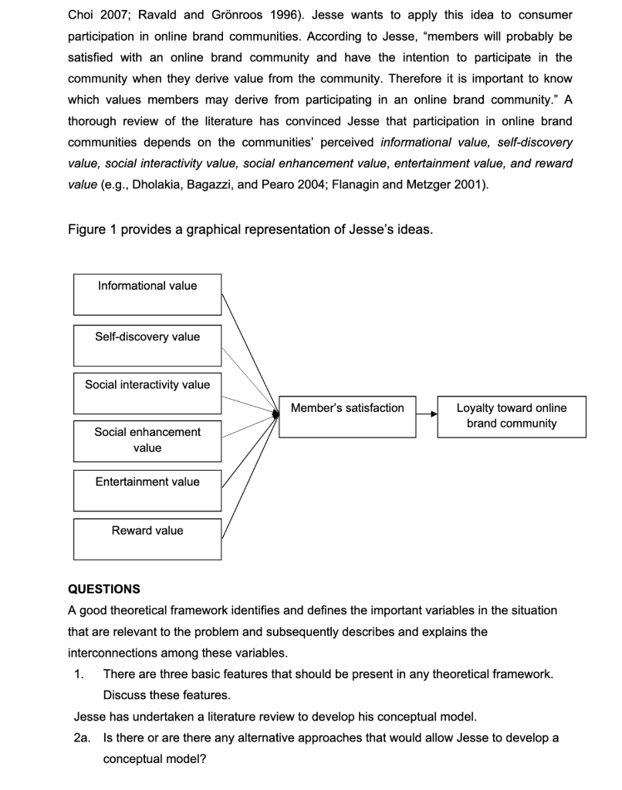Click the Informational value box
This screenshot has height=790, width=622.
tap(147, 294)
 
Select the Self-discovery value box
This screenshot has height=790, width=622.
tap(147, 345)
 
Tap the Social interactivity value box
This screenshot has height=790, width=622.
tap(147, 393)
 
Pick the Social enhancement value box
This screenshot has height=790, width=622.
tap(147, 440)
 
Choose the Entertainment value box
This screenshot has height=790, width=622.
tap(147, 490)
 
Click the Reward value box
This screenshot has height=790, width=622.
tap(147, 538)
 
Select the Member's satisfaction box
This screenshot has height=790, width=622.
tap(346, 417)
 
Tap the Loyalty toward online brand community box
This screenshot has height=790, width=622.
tap(512, 417)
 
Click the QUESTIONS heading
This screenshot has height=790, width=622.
tap(104, 589)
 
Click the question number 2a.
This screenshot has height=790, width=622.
tap(83, 738)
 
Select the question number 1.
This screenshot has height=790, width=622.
tap(79, 674)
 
